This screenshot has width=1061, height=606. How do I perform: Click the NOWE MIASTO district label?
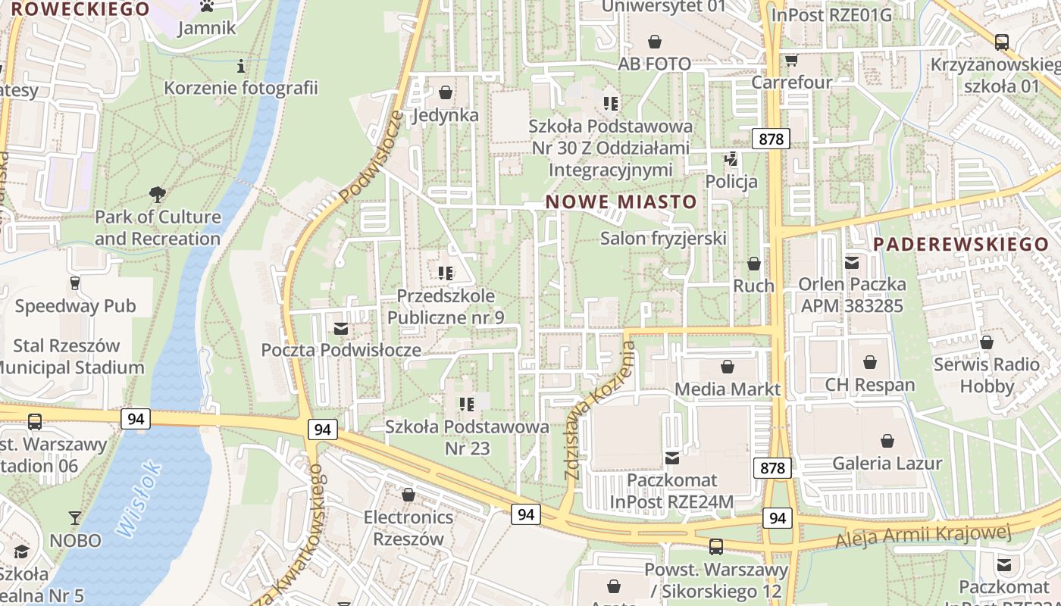point(621,201)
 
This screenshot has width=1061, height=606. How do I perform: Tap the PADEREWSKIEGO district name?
point(960,245)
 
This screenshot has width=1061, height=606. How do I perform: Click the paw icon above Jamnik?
point(207,6)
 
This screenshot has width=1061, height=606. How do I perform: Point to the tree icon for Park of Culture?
point(158,195)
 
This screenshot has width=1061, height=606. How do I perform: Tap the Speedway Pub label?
point(75,306)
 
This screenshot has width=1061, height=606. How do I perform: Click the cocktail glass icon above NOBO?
point(75,518)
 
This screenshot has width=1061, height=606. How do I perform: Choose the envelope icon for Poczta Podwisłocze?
point(341,328)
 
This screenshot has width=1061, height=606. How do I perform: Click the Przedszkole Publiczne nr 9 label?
point(446,307)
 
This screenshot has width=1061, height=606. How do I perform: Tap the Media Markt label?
point(727,389)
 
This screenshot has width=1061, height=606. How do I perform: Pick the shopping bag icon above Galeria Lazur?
point(887,441)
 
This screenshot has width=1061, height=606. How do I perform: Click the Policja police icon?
point(731,159)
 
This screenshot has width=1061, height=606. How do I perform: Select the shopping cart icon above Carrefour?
point(792,60)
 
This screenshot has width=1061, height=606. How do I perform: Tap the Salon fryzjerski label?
point(663,239)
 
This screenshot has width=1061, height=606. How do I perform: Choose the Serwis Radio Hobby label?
point(986,375)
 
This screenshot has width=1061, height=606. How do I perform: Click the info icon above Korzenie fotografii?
point(241,66)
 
